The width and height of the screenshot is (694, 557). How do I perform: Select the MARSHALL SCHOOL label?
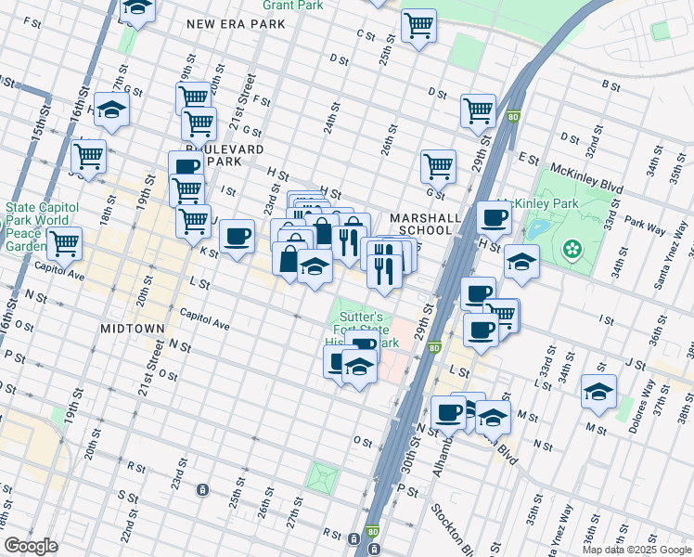425,224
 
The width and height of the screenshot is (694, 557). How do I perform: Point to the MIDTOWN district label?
133,329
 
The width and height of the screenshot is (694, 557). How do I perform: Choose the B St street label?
610,85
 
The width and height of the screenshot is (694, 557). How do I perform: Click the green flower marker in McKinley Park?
572,248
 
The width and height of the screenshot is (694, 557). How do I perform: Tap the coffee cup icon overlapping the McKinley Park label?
494,219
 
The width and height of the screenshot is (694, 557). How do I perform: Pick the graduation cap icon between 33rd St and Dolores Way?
599,391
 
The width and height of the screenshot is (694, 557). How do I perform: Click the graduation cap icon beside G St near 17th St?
111,110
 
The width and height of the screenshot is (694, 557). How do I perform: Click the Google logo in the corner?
31,546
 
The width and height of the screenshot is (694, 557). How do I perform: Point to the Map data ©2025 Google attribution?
636,550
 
